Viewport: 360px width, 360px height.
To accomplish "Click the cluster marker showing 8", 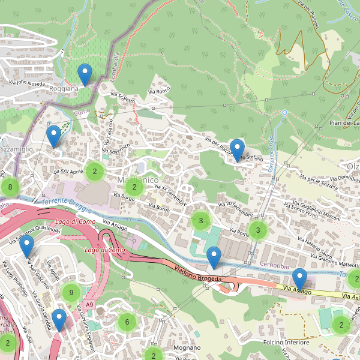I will [x=10, y=187].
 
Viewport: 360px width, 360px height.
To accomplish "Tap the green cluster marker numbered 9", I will [x=71, y=293].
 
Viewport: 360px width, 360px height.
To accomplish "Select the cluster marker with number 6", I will [x=127, y=322].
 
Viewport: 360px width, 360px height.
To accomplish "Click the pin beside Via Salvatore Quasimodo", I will [x=27, y=247].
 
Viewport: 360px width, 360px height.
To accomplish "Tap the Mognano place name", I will [x=186, y=347].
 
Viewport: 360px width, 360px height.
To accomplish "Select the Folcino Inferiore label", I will [x=286, y=342].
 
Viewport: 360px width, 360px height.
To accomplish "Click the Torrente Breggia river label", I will [x=67, y=207].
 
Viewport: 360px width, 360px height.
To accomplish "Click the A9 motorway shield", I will [x=89, y=305].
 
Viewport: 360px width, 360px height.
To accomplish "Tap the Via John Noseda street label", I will [x=27, y=83].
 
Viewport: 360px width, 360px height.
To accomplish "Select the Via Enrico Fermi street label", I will [x=301, y=211].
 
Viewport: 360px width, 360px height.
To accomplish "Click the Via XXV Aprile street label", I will [x=68, y=172].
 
